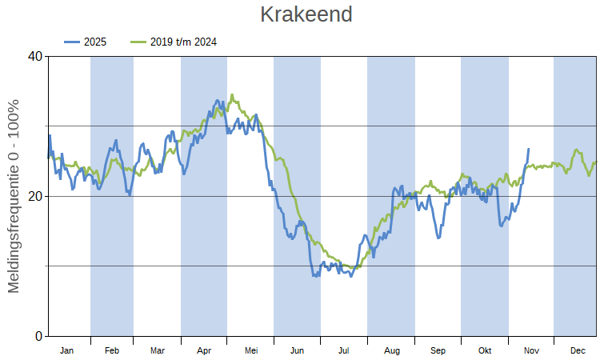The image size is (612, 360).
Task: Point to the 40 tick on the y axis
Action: (35, 57)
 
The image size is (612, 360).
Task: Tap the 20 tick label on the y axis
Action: (35, 197)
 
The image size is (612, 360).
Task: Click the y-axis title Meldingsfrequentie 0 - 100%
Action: (14, 196)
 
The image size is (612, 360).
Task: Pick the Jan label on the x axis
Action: (67, 350)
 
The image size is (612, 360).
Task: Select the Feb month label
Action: (112, 350)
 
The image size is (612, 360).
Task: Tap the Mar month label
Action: (158, 350)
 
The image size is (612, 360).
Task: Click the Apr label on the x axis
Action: (204, 350)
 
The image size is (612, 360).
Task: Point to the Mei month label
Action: (250, 350)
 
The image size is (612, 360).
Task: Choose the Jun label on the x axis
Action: (297, 350)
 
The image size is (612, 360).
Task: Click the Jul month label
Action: (344, 350)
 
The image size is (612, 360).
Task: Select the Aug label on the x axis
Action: (391, 350)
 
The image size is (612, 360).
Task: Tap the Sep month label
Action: (438, 350)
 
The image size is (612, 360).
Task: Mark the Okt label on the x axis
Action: (485, 350)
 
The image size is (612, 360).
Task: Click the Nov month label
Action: (531, 350)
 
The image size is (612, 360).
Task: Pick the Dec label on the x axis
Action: (578, 350)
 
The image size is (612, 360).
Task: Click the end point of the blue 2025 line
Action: (528, 149)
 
